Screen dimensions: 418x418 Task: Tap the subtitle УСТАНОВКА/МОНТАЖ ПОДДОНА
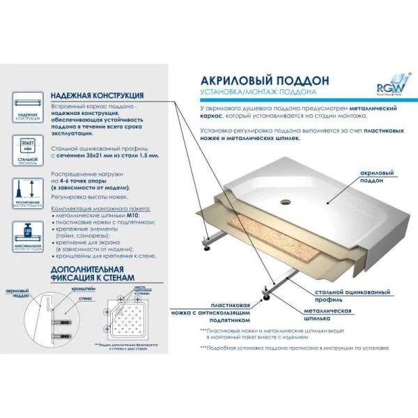pos(258,92)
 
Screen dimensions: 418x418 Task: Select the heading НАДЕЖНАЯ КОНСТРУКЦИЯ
pos(98,95)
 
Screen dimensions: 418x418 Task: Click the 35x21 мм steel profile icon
pos(27,149)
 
